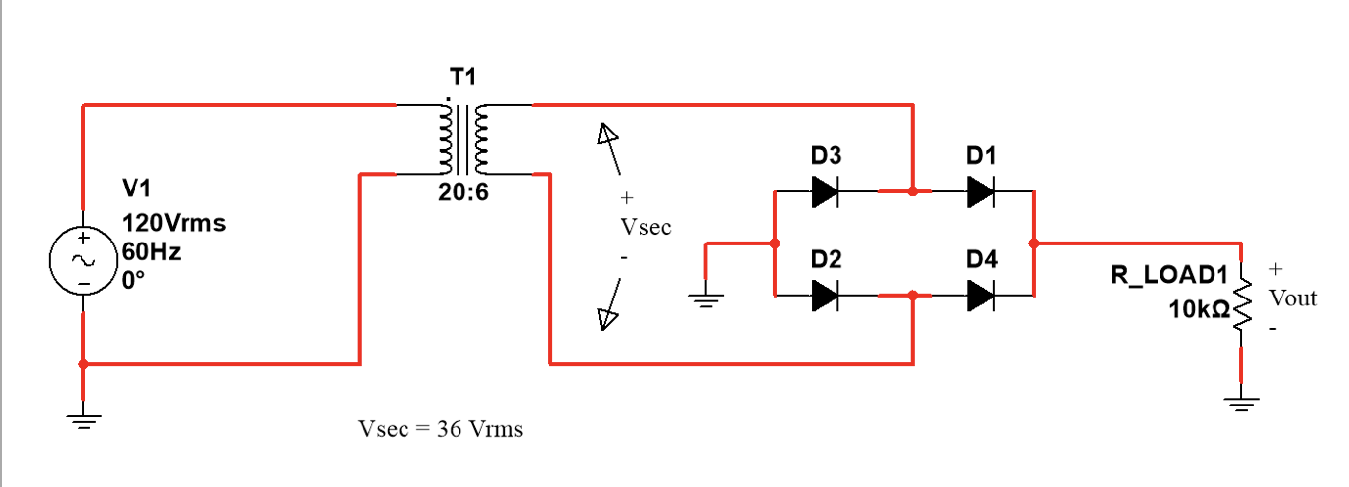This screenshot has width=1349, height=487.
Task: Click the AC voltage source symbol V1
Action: tap(83, 261)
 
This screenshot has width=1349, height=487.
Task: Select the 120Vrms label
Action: tap(174, 223)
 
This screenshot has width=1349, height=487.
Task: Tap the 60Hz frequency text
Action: tap(151, 251)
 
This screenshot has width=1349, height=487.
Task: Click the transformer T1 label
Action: tap(463, 78)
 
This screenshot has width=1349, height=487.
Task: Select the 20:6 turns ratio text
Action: tap(463, 192)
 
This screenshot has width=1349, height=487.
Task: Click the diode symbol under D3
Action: tap(825, 192)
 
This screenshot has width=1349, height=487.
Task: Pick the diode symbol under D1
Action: tap(980, 192)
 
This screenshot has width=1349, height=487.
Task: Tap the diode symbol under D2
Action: tap(825, 295)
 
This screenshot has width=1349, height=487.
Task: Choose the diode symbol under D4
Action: tap(980, 295)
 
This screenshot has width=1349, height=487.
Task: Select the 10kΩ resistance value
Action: tap(1199, 309)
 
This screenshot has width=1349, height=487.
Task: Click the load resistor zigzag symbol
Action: tap(1242, 304)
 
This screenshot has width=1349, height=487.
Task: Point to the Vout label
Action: tap(1292, 298)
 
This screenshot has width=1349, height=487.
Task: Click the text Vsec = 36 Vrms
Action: tap(441, 429)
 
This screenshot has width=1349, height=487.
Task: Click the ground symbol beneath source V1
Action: tap(83, 422)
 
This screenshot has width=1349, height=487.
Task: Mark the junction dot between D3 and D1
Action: tap(913, 192)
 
